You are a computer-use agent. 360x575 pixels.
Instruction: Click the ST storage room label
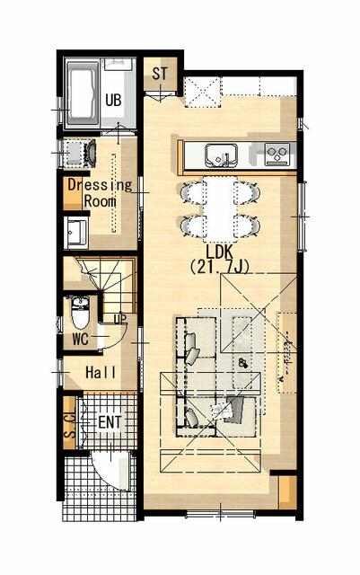coord(160,74)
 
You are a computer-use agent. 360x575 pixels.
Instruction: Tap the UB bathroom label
coord(113,100)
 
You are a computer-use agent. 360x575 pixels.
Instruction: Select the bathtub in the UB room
coord(82,94)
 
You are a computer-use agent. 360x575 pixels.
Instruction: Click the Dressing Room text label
coord(100,192)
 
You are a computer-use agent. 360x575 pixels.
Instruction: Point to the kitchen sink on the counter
coord(221,155)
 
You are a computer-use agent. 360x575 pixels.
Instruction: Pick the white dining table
coord(219,209)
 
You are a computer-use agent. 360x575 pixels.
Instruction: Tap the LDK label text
coord(219,252)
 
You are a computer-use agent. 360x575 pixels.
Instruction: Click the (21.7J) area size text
coord(220,268)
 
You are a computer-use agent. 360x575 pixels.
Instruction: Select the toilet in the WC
coord(80,314)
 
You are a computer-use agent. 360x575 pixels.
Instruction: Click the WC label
coord(80,340)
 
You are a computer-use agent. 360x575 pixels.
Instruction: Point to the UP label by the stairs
coord(120,319)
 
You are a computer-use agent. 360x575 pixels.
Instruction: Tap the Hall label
coord(101,373)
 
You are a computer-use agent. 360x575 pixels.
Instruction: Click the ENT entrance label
coord(110,422)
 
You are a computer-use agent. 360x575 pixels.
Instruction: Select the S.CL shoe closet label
coord(70,424)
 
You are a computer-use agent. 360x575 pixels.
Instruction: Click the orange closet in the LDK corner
coord(288,491)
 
